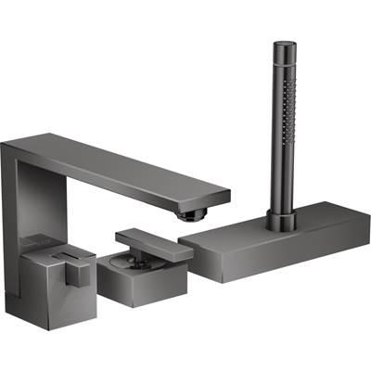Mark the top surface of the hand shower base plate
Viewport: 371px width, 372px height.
(x=278, y=232)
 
